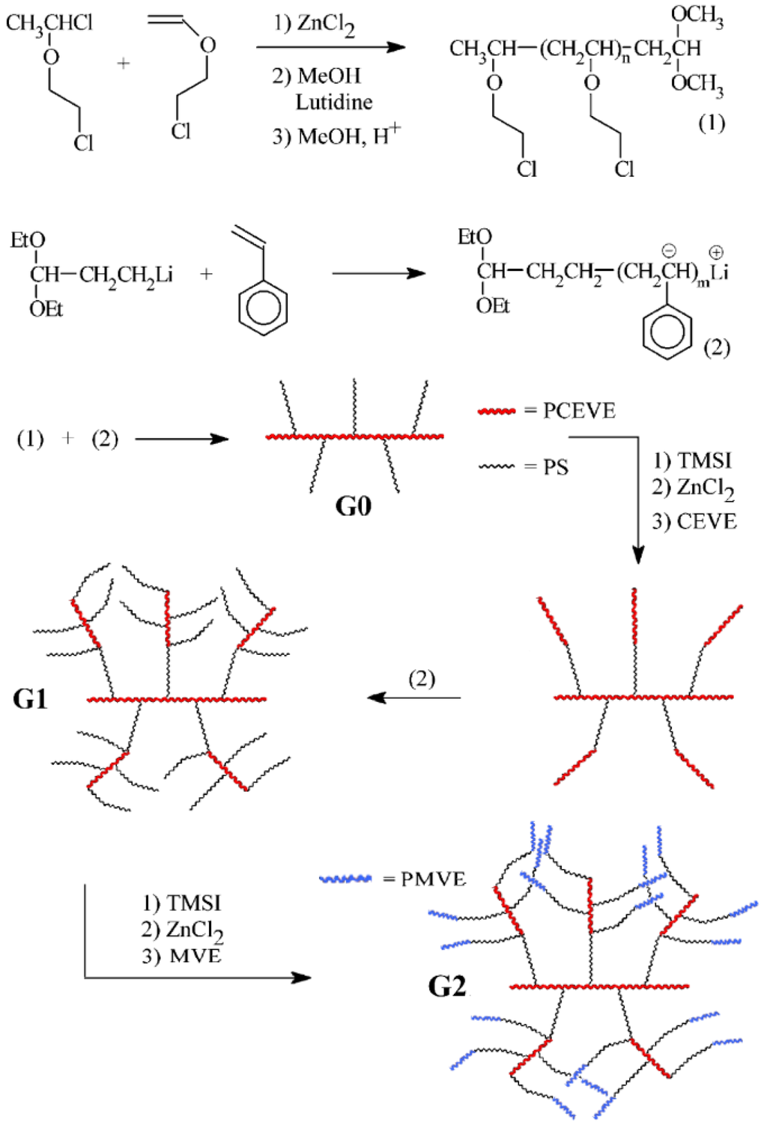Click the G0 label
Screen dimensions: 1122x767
pyautogui.click(x=353, y=507)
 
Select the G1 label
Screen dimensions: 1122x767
pyautogui.click(x=30, y=699)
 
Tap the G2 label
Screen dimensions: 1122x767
pyautogui.click(x=447, y=986)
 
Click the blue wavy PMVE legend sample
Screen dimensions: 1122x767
pyautogui.click(x=345, y=879)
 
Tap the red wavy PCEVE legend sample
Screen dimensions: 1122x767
pyautogui.click(x=497, y=411)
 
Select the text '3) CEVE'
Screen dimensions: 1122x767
pyautogui.click(x=694, y=521)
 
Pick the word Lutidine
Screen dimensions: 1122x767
pyautogui.click(x=334, y=102)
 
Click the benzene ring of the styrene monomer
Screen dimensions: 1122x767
pyautogui.click(x=263, y=308)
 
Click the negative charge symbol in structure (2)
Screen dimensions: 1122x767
pyautogui.click(x=669, y=251)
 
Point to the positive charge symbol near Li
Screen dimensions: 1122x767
pyautogui.click(x=716, y=252)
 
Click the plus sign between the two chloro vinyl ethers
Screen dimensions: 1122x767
pyautogui.click(x=124, y=64)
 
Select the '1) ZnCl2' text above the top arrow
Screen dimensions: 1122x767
pyautogui.click(x=314, y=24)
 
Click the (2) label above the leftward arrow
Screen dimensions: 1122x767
pyautogui.click(x=422, y=678)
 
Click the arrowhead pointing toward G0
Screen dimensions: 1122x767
pyautogui.click(x=220, y=439)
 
